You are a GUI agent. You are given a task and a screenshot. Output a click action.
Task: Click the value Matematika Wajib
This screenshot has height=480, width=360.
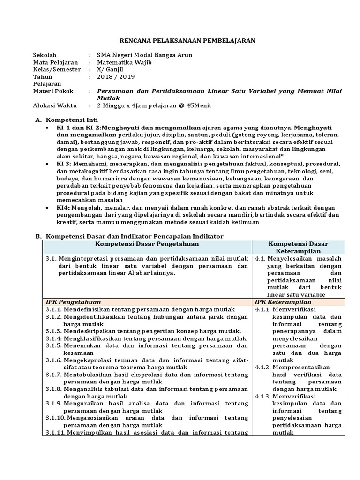click(124, 62)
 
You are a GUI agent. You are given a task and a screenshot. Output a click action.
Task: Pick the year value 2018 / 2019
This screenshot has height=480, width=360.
click(115, 76)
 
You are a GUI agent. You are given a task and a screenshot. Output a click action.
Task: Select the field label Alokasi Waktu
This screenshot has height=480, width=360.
click(54, 105)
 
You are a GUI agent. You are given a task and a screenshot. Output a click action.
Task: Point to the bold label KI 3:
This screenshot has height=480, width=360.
click(64, 164)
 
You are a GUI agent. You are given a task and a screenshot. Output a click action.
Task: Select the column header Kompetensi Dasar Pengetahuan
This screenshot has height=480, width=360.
click(147, 244)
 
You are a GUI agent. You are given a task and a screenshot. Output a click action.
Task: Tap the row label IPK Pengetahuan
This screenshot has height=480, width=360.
click(73, 302)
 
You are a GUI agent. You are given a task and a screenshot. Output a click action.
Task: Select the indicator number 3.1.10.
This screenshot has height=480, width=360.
click(55, 418)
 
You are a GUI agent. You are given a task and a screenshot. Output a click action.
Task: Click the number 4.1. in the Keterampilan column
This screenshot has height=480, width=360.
click(261, 258)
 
